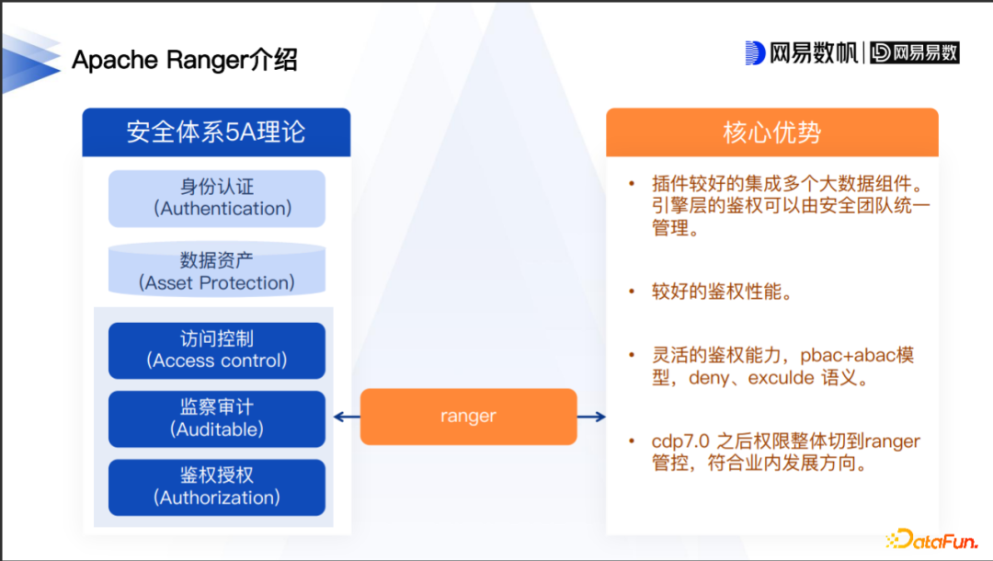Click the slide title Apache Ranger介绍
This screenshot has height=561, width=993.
pos(185,61)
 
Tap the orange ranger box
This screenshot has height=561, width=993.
pos(468,417)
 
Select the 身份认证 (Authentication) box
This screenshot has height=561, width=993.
pos(217,198)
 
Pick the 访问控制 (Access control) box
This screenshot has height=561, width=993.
pos(217,349)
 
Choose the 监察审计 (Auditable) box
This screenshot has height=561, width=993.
pos(217,418)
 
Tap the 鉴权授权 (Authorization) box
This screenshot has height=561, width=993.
pos(217,487)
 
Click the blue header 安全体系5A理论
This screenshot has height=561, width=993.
pos(216,132)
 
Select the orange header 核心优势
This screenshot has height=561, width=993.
pos(771,132)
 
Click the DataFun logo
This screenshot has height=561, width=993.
pos(930,539)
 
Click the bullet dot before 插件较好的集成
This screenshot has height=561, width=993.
pos(632,184)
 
